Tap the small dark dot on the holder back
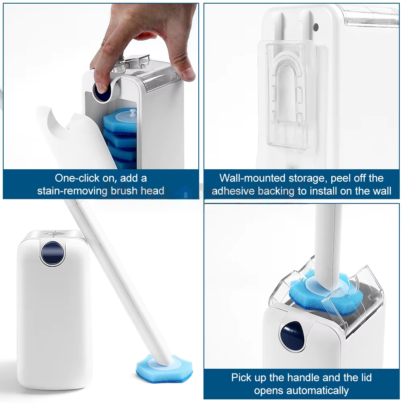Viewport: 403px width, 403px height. (316, 27)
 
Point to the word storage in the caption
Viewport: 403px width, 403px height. (308, 178)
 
